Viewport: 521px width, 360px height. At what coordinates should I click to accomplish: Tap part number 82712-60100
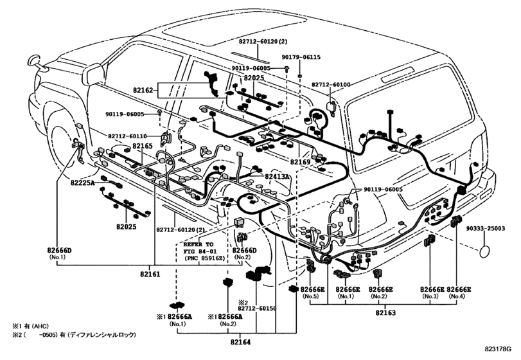click(x=331, y=84)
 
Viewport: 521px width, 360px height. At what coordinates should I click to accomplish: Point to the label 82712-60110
click(x=127, y=136)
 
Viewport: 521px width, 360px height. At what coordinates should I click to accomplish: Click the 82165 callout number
click(x=142, y=147)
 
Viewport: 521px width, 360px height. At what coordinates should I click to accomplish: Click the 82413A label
click(x=278, y=175)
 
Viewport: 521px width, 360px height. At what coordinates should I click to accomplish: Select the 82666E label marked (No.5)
click(x=312, y=290)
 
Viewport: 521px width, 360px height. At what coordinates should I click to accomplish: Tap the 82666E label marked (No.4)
click(x=459, y=290)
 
